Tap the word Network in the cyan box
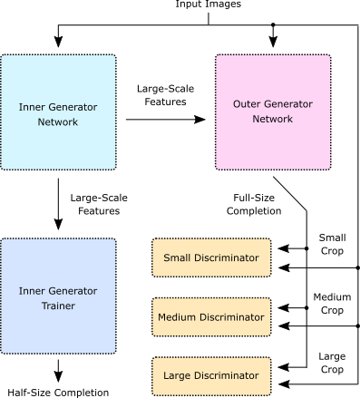tap(58, 121)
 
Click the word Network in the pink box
tap(272, 119)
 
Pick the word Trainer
tap(58, 306)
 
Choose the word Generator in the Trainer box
tap(73, 291)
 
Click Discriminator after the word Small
tap(228, 258)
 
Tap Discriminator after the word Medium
tap(233, 317)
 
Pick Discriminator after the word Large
tap(228, 375)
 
